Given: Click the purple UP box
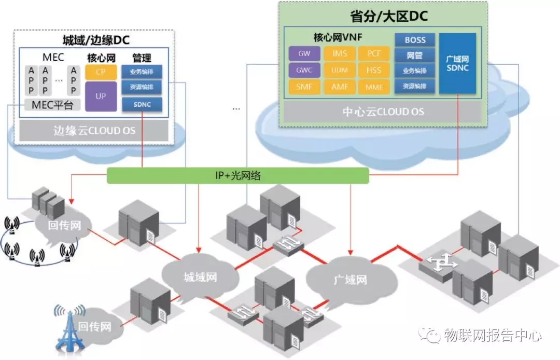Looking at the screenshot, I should tap(101, 96).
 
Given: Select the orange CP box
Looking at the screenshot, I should tap(101, 72).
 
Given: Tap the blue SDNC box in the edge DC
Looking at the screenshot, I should tap(142, 105).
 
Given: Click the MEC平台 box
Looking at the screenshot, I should tap(52, 106).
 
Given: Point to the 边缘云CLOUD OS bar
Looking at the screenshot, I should tap(94, 130).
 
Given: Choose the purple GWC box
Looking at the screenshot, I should tap(304, 70).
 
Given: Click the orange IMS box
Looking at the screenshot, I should tap(340, 53).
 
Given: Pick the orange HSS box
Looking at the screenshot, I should tap(374, 70).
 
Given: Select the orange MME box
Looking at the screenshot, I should tap(374, 87).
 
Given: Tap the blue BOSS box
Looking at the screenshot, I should tap(415, 40).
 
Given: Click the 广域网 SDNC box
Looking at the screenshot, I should tap(457, 63).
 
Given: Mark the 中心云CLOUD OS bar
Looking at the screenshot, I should tap(383, 112).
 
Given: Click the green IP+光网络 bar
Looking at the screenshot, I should tap(238, 176).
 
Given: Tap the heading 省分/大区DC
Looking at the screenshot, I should tap(383, 17).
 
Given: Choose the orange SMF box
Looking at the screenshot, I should tap(304, 87).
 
